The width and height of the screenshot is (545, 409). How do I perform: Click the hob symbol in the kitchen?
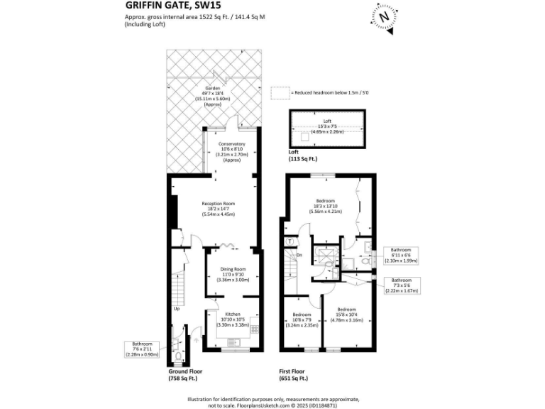(254, 329)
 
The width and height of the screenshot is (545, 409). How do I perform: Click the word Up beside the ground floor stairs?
(175, 309)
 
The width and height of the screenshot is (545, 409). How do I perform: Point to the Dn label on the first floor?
(299, 255)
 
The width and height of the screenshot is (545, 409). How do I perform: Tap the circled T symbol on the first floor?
(290, 241)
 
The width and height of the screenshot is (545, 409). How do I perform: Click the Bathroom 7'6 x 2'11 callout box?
(143, 351)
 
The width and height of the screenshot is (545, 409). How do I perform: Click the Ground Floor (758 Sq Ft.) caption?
(185, 374)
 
